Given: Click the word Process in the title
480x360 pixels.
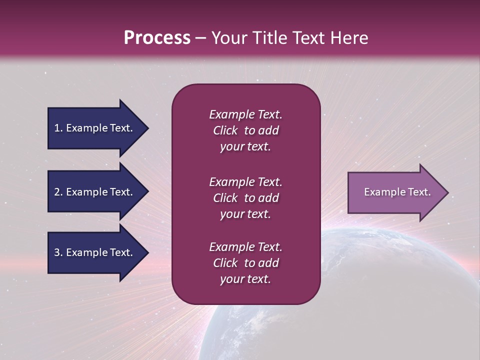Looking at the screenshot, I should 157,38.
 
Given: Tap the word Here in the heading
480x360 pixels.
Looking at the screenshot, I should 349,38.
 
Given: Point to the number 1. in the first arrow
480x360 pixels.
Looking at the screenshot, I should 58,128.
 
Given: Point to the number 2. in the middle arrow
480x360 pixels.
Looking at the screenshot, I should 58,192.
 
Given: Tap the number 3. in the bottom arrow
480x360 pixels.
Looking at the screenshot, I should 58,253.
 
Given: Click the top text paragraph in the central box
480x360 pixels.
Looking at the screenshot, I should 245,130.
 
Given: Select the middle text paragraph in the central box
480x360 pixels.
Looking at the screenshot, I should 245,198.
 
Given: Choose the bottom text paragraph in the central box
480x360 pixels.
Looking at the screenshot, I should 245,263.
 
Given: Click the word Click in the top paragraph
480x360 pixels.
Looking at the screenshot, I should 225,130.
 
